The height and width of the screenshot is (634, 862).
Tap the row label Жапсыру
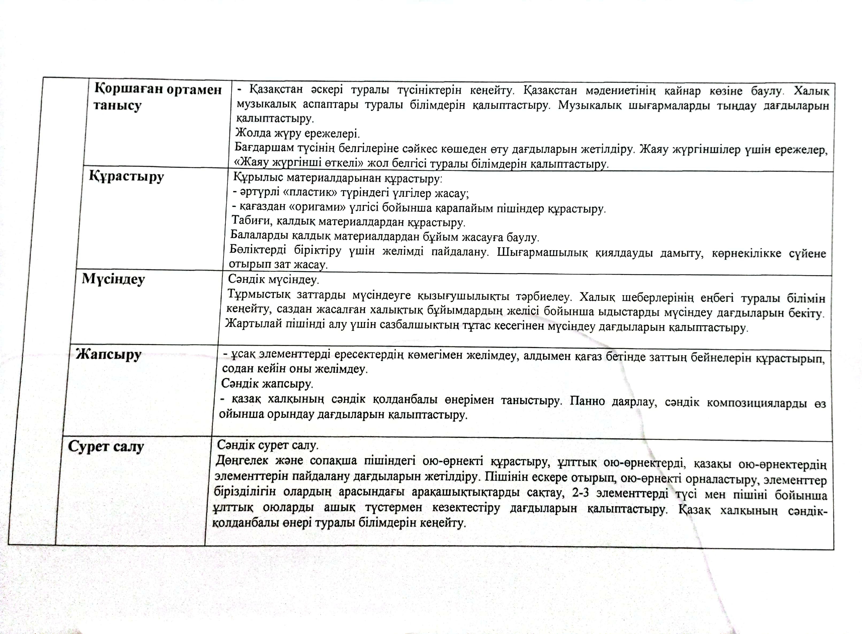point(109,354)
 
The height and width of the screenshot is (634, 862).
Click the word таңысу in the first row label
point(117,106)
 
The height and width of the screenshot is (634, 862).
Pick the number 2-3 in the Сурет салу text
point(580,493)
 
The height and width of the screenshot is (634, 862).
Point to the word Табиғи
point(250,221)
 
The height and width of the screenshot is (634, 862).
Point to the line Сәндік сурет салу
point(268,445)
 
